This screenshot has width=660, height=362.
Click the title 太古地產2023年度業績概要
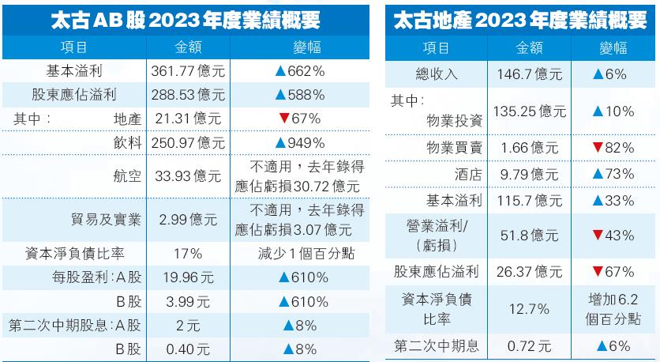point(523,20)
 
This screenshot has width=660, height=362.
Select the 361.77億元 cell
point(188,71)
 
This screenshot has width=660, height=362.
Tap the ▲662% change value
point(299,71)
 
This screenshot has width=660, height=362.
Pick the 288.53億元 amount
point(188,96)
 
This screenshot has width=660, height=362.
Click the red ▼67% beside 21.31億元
point(299,119)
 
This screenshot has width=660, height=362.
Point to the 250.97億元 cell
point(188,143)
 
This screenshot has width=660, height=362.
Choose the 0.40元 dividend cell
point(188,348)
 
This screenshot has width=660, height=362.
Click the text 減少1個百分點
point(299,254)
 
